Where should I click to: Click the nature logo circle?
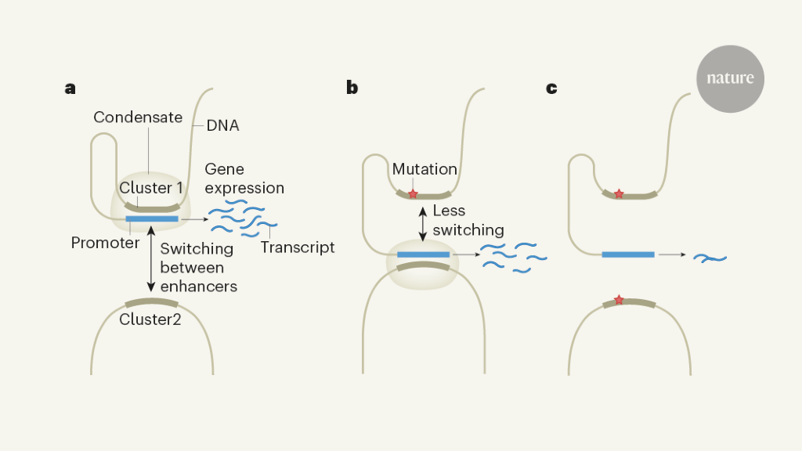730,78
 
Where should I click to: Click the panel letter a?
70,88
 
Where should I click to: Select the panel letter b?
352,88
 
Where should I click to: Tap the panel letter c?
551,88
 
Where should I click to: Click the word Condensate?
138,117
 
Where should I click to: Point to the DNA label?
223,124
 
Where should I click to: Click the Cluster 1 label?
151,188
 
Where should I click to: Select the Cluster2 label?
150,319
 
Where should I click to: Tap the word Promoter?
105,243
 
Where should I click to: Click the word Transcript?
298,247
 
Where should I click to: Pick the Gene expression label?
244,179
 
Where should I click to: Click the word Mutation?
424,169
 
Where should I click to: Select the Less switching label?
468,221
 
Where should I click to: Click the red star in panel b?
413,193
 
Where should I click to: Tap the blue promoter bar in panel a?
152,218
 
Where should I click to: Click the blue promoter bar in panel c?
627,254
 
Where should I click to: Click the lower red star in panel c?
619,300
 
